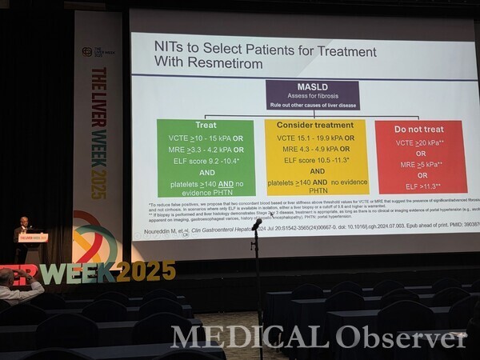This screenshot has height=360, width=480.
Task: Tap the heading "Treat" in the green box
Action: click(206, 126)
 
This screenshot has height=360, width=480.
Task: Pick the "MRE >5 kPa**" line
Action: click(421, 164)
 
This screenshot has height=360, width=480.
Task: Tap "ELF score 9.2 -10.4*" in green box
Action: click(206, 160)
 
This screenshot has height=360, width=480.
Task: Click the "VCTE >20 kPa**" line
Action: click(421, 142)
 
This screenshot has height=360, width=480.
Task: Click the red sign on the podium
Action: click(33, 238)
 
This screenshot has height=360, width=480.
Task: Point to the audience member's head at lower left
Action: click(6, 278)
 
